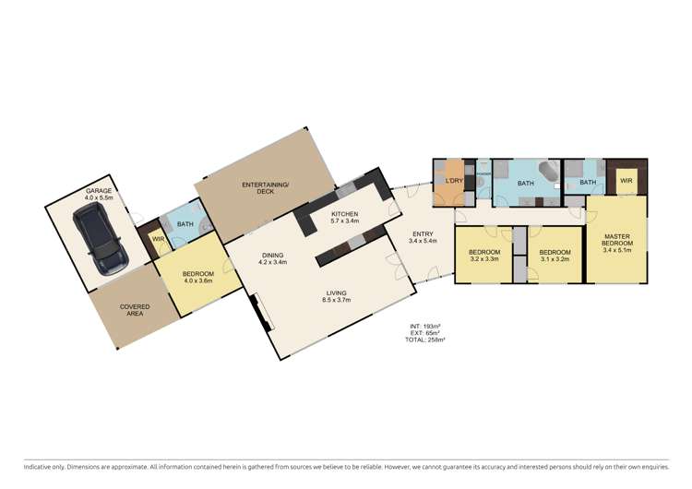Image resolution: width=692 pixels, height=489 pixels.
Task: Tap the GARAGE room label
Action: tap(99, 191)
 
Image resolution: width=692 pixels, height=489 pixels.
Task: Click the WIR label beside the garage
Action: tap(158, 241)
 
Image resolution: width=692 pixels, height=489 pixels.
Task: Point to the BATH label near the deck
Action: tap(185, 224)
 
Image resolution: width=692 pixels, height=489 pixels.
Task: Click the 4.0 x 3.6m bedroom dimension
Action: tap(198, 281)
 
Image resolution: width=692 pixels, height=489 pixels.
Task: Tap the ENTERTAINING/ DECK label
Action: tap(266, 189)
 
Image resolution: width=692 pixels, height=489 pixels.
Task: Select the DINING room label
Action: tap(272, 256)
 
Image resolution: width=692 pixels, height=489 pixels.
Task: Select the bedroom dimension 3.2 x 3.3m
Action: tap(484, 259)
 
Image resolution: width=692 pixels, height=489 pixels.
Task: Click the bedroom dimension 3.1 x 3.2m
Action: tap(555, 259)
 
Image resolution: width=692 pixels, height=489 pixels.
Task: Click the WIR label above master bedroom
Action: tap(625, 181)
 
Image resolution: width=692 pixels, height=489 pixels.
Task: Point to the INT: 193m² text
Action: tap(426, 327)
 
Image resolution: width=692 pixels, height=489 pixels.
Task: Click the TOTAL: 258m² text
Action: tap(427, 340)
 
